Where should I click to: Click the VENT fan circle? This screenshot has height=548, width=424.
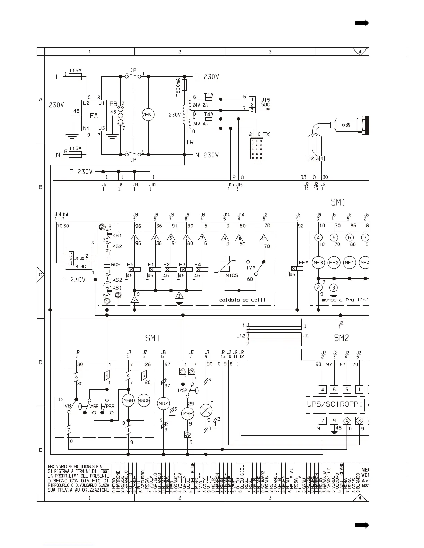[148, 115]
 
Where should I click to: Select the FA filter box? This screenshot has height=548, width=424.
[94, 116]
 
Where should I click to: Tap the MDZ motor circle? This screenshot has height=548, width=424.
[163, 403]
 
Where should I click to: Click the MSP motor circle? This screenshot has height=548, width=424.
[188, 413]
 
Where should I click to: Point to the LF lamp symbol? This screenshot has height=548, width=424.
[206, 411]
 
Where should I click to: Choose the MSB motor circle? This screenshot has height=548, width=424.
[128, 400]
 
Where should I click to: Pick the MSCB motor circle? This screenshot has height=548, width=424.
[144, 400]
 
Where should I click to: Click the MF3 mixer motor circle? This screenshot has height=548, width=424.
[318, 263]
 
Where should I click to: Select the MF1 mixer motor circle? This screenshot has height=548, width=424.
[349, 263]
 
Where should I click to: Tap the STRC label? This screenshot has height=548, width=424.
[80, 267]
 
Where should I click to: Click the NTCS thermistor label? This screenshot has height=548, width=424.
[232, 275]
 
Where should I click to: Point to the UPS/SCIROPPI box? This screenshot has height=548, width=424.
[335, 404]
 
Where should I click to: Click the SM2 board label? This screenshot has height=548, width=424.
[341, 338]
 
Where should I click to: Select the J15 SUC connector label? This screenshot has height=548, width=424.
[265, 102]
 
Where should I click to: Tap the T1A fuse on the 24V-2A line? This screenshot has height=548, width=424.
[209, 98]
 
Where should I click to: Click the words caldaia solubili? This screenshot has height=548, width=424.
[242, 300]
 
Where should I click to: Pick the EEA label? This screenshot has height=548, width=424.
[303, 263]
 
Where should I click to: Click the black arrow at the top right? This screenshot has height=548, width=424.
[362, 23]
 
